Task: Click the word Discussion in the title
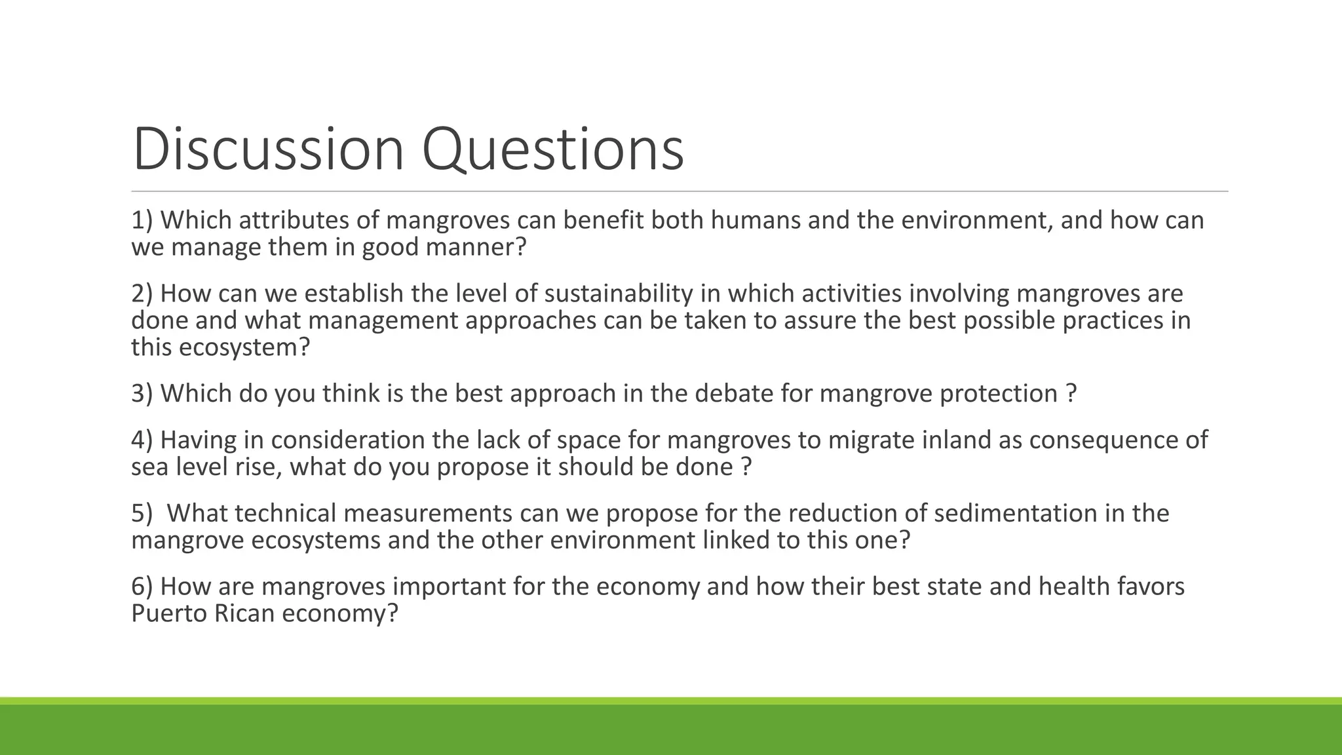[268, 149]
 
